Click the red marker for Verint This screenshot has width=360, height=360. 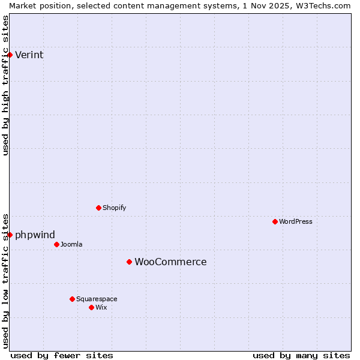(10, 55)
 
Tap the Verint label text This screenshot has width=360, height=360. (29, 55)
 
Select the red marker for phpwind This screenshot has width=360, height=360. (10, 235)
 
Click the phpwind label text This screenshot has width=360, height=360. (35, 235)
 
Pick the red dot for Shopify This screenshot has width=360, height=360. (98, 208)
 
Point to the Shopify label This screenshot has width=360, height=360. (114, 208)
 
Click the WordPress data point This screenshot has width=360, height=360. (275, 221)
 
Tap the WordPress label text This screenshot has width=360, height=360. (295, 222)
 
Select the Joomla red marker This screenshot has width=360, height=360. (56, 244)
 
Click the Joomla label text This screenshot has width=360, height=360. (71, 245)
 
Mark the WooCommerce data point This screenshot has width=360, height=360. (129, 262)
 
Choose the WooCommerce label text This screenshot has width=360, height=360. (170, 262)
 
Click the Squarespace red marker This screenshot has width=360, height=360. (72, 299)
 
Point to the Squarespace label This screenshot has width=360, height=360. (97, 299)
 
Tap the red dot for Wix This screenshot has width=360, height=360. (91, 307)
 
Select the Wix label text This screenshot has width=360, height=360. (101, 308)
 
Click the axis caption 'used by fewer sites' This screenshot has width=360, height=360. (62, 355)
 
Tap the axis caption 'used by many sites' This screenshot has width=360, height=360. (301, 355)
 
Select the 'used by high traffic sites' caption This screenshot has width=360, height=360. (6, 85)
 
